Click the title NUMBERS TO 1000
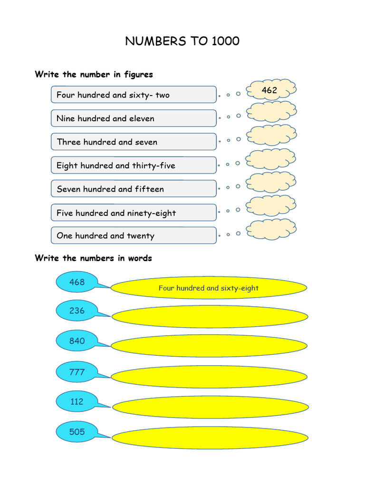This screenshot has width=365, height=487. pos(182,41)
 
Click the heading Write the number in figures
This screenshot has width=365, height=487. pos(94,74)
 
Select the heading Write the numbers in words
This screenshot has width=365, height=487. pos(93,258)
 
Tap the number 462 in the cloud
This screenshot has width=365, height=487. pos(269,90)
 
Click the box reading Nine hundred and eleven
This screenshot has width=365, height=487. pos(134,118)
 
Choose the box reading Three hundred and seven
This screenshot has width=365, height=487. pos(134,142)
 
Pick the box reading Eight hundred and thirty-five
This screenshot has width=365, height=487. pos(134,166)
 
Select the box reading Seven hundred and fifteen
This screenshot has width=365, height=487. pos(134,189)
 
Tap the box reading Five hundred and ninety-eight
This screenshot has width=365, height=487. pos(134,213)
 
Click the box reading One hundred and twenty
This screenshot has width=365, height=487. pos(134,235)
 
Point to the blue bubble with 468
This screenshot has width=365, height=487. pos(77,282)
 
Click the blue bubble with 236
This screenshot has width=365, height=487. pos(77,311)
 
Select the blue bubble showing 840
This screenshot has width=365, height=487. pos(77,341)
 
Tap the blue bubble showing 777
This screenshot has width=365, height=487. pos(77,371)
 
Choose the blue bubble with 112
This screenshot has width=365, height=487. pos(77,401)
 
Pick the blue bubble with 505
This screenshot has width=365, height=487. pos(77,432)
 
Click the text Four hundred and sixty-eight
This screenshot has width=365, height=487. pos(209,288)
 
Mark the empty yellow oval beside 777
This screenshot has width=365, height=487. pos(209,377)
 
